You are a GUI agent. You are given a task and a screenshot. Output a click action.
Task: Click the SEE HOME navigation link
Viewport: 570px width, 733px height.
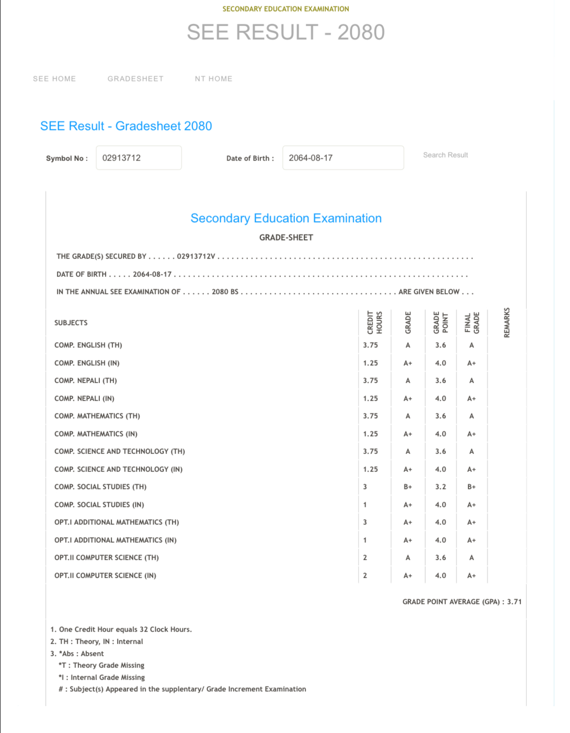click(x=54, y=79)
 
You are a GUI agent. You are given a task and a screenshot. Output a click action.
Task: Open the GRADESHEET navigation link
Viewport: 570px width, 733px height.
click(x=135, y=79)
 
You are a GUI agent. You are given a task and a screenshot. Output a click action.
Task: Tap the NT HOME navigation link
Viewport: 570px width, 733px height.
click(x=213, y=79)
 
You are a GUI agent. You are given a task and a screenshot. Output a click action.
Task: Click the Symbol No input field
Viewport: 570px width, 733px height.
click(x=139, y=158)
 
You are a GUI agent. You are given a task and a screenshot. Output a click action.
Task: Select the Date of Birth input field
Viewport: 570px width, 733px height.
click(x=343, y=158)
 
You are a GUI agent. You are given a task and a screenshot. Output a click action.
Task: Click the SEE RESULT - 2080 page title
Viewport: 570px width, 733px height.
click(x=286, y=33)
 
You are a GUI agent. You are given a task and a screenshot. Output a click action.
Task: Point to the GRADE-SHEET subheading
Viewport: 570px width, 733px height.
click(x=286, y=238)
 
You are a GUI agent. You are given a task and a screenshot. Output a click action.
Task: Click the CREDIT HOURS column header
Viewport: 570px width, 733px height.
click(x=375, y=323)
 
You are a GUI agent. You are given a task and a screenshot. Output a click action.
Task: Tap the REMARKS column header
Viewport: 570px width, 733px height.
click(x=507, y=323)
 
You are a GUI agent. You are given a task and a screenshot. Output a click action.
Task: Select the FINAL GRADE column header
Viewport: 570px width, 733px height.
click(x=472, y=323)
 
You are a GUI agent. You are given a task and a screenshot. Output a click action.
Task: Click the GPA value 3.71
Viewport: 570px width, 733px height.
click(x=514, y=602)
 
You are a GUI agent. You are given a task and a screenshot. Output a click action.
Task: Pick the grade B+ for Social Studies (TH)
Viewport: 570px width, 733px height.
click(x=408, y=487)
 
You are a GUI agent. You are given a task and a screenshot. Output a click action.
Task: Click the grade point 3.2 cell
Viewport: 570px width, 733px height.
click(x=440, y=487)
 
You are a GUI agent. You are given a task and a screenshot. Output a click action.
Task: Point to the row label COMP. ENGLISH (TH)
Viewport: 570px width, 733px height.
click(x=88, y=345)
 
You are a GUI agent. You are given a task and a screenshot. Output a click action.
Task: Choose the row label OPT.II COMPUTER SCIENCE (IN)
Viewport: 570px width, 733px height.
click(x=105, y=576)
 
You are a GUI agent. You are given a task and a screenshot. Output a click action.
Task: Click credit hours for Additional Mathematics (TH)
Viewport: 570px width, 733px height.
click(x=365, y=522)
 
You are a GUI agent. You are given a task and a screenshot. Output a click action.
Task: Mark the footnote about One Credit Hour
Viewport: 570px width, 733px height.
click(x=121, y=630)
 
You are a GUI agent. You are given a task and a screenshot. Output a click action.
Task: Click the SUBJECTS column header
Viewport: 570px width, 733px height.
click(x=71, y=323)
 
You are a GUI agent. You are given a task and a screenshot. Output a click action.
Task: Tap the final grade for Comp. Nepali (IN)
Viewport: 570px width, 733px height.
click(x=472, y=399)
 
